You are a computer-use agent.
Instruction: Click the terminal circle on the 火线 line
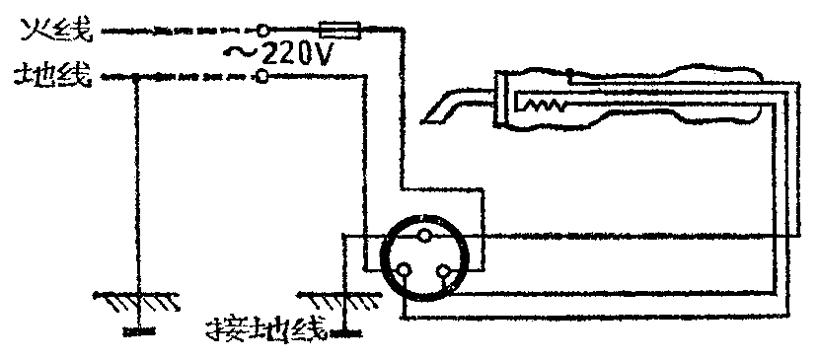[263, 33]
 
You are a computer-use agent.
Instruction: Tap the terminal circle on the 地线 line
[261, 76]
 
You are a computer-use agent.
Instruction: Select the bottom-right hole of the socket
[445, 271]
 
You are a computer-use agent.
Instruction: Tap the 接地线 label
[261, 329]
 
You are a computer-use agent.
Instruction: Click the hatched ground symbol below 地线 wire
[138, 295]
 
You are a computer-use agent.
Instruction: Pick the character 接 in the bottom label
[219, 329]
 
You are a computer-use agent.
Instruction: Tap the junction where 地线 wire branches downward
[138, 76]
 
